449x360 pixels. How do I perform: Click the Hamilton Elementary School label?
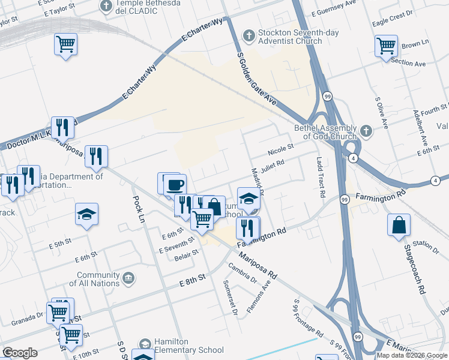pyautogui.click(x=189, y=345)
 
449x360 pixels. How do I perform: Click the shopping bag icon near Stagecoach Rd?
pyautogui.click(x=399, y=226)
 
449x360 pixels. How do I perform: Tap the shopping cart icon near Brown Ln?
pyautogui.click(x=386, y=46)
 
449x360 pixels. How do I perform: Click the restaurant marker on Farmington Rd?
pyautogui.click(x=248, y=227)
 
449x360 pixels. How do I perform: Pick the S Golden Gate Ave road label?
pyautogui.click(x=256, y=79)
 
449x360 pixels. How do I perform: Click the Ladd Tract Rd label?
pyautogui.click(x=320, y=178)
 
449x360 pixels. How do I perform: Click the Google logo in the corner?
pyautogui.click(x=20, y=353)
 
